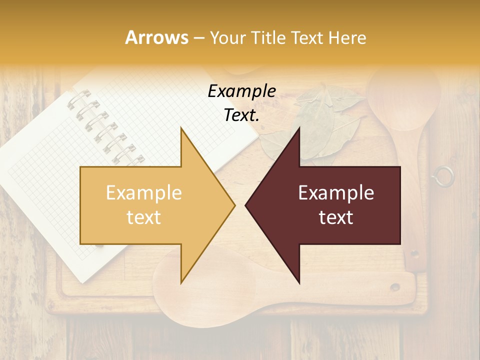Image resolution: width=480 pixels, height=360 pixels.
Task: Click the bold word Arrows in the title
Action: click(157, 37)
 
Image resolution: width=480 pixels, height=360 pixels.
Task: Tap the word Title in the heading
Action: click(269, 37)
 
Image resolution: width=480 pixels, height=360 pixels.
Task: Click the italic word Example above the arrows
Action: click(241, 91)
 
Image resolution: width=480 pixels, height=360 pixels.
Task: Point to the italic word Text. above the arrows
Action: click(241, 115)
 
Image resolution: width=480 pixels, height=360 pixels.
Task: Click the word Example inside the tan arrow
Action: click(144, 193)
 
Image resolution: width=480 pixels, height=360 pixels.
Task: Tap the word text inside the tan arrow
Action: click(144, 217)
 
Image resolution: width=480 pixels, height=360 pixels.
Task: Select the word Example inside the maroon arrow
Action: click(336, 193)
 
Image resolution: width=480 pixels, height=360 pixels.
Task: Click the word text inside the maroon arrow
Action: click(336, 217)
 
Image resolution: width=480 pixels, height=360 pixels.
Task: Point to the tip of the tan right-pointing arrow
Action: click(234, 205)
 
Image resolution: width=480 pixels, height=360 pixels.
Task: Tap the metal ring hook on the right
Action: click(443, 176)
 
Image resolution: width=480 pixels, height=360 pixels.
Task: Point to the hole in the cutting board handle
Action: click(395, 287)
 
